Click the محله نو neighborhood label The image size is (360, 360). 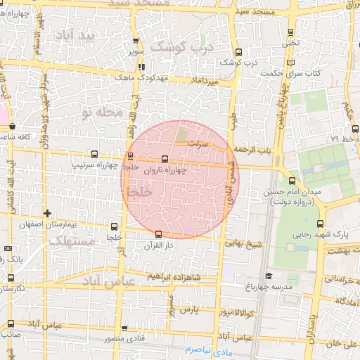coord(101,112)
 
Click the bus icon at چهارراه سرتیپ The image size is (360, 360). coord(131,156)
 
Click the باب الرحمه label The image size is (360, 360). coord(252,149)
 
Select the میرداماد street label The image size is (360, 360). coord(205,82)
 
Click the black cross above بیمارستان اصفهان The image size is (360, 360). coord(47,213)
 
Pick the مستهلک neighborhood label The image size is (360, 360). coord(71,241)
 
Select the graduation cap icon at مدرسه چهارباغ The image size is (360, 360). coord(269,276)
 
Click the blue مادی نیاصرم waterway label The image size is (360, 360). coord(209,349)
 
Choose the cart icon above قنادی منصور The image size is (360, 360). coord(124,328)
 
